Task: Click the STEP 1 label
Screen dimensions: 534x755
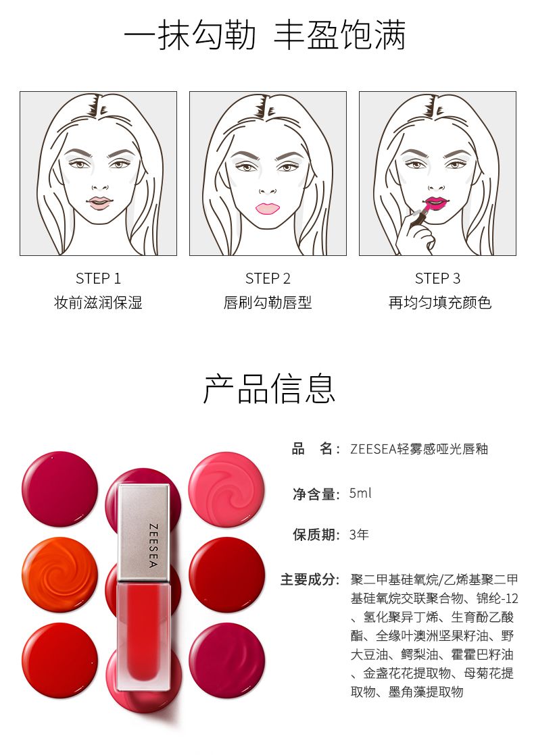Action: pyautogui.click(x=98, y=278)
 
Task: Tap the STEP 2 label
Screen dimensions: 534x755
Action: pyautogui.click(x=268, y=278)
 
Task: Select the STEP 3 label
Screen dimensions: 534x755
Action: pyautogui.click(x=437, y=278)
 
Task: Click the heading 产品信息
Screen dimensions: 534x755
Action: pyautogui.click(x=269, y=388)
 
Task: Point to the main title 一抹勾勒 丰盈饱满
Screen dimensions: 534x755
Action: pyautogui.click(x=264, y=34)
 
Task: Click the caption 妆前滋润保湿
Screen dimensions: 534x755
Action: pyautogui.click(x=98, y=303)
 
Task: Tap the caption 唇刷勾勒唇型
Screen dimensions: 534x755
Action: pyautogui.click(x=268, y=303)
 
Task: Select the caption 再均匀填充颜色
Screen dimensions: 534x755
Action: pyautogui.click(x=439, y=303)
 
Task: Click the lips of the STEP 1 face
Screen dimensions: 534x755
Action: pyautogui.click(x=100, y=203)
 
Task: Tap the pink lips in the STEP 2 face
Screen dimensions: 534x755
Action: pyautogui.click(x=268, y=207)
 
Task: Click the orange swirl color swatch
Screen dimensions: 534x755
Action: pyautogui.click(x=59, y=575)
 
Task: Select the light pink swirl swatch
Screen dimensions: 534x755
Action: pyautogui.click(x=226, y=490)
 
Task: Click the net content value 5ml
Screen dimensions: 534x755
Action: pyautogui.click(x=360, y=493)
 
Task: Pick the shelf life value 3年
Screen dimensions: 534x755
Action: pyautogui.click(x=359, y=534)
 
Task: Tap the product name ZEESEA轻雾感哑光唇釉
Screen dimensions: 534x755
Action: pyautogui.click(x=419, y=449)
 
